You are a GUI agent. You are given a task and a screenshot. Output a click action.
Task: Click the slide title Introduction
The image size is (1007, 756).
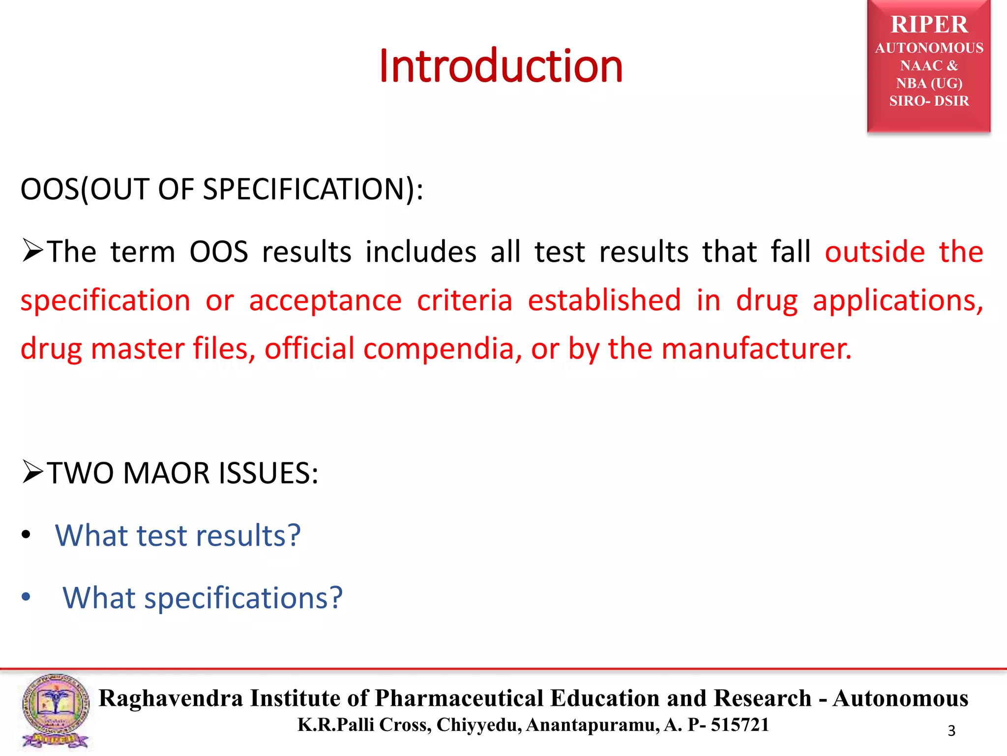coord(501,66)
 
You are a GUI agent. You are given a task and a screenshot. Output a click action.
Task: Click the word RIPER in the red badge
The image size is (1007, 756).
coord(929,25)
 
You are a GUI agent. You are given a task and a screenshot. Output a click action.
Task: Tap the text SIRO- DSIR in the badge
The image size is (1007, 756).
coord(929,101)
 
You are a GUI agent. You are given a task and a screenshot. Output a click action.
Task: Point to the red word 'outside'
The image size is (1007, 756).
coord(875,252)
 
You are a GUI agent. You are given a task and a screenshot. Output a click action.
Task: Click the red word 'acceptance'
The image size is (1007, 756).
coord(325,300)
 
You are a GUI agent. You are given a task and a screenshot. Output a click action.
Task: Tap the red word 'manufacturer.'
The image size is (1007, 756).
coord(756,348)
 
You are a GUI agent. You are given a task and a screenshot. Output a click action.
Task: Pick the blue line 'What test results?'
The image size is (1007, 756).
coord(178,535)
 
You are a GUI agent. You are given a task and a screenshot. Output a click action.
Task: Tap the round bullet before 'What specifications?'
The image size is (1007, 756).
coord(26,597)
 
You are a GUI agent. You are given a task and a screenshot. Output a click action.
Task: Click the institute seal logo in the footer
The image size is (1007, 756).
coord(56,711)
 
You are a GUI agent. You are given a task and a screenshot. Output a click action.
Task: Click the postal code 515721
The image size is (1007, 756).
coord(740,725)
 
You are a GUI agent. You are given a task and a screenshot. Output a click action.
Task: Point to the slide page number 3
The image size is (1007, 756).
coord(951,731)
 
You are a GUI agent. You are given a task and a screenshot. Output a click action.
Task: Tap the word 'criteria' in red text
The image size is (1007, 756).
coord(464,300)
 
